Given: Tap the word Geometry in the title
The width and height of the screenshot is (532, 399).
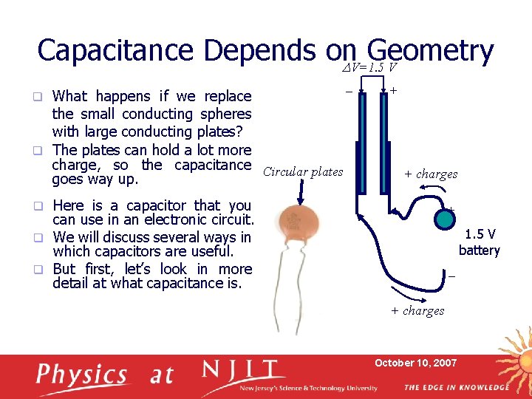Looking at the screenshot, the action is [429, 51].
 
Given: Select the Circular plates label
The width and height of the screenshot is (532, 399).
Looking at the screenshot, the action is [303, 171].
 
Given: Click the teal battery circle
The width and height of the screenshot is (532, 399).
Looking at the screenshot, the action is [445, 219].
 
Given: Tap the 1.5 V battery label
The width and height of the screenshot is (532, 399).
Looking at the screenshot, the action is [479, 242].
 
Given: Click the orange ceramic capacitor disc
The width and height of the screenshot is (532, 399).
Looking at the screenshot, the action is [300, 226].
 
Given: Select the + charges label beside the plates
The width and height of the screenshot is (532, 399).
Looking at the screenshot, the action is [431, 174].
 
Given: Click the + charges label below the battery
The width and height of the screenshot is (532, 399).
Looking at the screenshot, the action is [417, 310].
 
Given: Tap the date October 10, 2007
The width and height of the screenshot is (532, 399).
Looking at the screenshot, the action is [415, 363].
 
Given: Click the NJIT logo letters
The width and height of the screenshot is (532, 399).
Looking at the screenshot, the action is [243, 372].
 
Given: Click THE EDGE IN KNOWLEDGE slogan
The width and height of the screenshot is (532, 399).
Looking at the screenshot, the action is [456, 387].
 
